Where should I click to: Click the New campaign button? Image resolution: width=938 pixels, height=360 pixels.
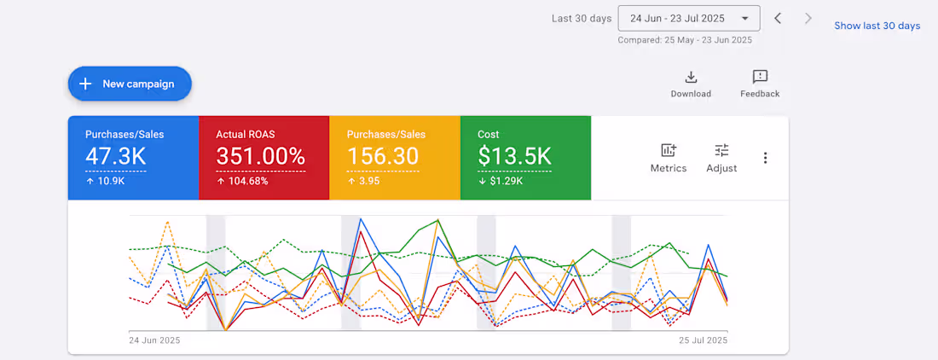[130, 84]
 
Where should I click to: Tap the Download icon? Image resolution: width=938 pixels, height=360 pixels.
[691, 78]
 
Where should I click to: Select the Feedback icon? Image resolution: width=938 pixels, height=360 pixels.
[760, 78]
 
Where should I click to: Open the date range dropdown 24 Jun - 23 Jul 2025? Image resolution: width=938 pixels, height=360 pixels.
[689, 18]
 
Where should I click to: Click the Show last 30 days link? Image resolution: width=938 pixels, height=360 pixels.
[877, 26]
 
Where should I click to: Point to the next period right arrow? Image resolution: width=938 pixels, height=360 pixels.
[808, 18]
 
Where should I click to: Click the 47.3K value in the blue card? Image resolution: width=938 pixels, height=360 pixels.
[115, 156]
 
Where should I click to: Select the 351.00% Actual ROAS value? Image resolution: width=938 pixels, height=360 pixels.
[260, 156]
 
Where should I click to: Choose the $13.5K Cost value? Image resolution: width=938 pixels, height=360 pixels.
[514, 156]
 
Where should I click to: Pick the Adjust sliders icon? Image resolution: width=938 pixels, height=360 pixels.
[721, 151]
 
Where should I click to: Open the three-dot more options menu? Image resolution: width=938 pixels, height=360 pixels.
[766, 158]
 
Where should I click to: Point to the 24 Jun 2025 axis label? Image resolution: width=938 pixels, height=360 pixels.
[154, 340]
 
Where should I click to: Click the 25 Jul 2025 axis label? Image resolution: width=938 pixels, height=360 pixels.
[702, 340]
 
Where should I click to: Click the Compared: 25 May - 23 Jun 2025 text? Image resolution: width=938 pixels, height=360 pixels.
[685, 39]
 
